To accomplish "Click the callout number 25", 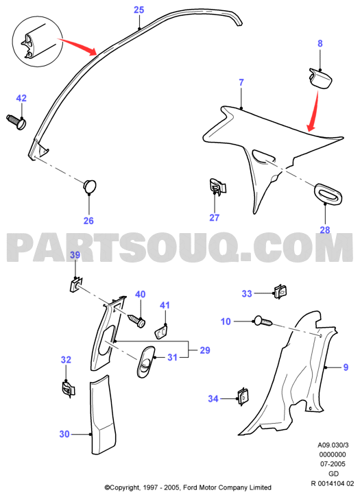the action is tap(139, 10).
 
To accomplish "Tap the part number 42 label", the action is tap(21, 98).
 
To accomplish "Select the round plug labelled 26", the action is tap(89, 186).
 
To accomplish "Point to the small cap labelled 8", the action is tap(320, 77).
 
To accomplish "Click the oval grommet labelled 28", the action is tap(328, 193).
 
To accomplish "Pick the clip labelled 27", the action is tap(217, 186).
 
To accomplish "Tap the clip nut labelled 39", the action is tap(75, 284).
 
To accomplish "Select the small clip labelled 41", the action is tap(162, 331).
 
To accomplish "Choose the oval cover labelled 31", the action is tap(145, 362).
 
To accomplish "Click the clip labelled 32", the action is tap(68, 389).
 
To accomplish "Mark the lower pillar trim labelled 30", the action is tap(102, 415).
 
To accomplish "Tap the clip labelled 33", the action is tap(280, 292).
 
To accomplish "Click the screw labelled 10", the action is tap(263, 321).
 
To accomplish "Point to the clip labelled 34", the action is tap(243, 397).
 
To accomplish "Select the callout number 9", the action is tap(346, 367).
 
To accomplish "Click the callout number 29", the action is tap(205, 350).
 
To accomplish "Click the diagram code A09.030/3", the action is tap(333, 445).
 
